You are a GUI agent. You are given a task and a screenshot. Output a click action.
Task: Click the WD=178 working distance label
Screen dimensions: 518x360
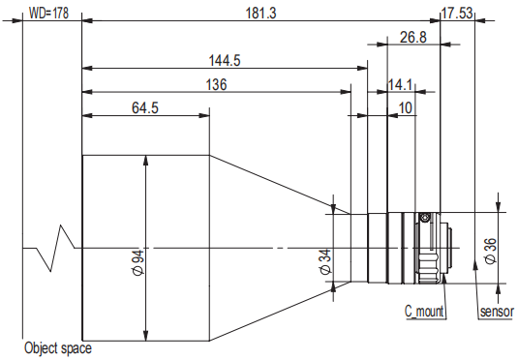(x=48, y=14)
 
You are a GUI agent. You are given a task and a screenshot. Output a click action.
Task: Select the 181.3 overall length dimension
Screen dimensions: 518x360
(x=260, y=14)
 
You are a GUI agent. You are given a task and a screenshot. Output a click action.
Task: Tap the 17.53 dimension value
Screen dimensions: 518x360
(x=457, y=14)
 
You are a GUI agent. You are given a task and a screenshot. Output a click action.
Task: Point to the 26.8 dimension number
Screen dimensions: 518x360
(x=413, y=37)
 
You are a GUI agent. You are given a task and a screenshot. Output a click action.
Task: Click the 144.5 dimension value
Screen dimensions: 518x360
(x=225, y=60)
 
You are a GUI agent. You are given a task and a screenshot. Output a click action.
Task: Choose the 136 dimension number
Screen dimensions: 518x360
(x=216, y=84)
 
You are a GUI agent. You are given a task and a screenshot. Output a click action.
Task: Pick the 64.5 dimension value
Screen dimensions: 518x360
(x=145, y=108)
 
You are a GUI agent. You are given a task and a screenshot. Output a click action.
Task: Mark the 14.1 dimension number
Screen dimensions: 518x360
(x=400, y=85)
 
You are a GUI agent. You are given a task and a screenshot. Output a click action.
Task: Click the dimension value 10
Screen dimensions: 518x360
(x=406, y=108)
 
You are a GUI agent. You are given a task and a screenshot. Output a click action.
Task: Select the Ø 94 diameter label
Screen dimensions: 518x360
(x=137, y=262)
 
